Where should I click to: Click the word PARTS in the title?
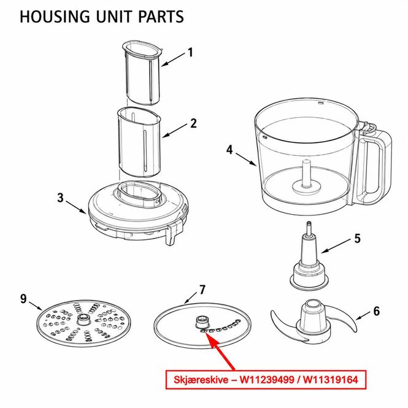[x=161, y=17]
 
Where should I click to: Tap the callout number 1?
[x=191, y=53]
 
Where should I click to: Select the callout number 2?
[x=193, y=123]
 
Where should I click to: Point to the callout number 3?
[x=60, y=198]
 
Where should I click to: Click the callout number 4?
[x=229, y=150]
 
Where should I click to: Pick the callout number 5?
[x=358, y=238]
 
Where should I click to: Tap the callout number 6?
[x=377, y=311]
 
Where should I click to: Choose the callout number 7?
[x=202, y=290]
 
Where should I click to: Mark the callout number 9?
[x=23, y=299]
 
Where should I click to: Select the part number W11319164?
[x=331, y=379]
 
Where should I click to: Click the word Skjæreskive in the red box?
[x=200, y=380]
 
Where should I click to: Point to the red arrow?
[x=219, y=350]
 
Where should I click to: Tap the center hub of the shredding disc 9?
[x=83, y=319]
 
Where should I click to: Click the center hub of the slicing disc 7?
[x=202, y=323]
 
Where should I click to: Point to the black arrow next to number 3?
[x=76, y=207]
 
